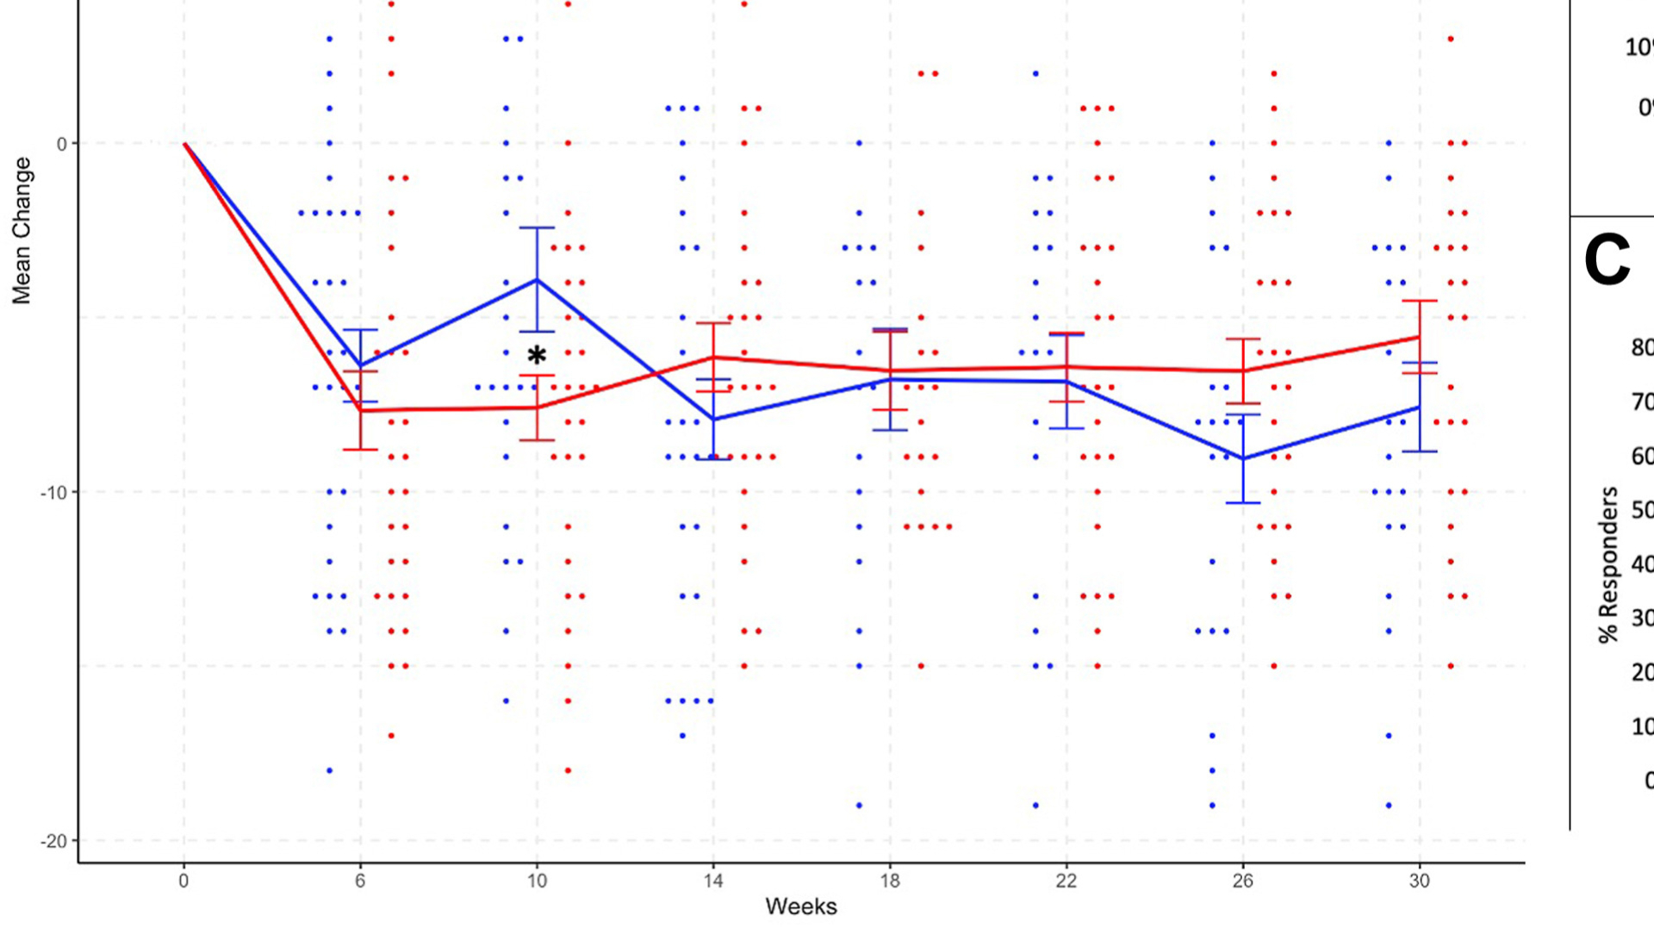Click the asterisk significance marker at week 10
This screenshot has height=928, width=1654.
(x=537, y=355)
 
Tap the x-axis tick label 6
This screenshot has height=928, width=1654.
(x=360, y=881)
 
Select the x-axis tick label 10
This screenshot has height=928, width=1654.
(x=537, y=881)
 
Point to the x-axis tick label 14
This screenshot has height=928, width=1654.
(x=713, y=881)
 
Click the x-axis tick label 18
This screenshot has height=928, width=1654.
(x=890, y=881)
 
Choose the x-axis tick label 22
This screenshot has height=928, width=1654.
(x=1066, y=881)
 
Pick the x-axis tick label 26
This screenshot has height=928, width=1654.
(x=1242, y=881)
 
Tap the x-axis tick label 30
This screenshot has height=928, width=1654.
(x=1419, y=881)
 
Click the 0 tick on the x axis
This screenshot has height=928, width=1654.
(x=183, y=881)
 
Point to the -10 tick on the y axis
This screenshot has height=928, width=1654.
(x=53, y=493)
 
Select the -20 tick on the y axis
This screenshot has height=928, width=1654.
(x=53, y=841)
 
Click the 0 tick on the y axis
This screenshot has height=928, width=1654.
(x=62, y=144)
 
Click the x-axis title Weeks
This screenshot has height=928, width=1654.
(x=801, y=906)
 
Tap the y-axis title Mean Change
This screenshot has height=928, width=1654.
(x=22, y=230)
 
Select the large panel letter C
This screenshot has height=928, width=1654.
(x=1607, y=260)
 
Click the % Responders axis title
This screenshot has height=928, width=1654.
(x=1607, y=564)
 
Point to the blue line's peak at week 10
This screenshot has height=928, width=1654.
(x=537, y=279)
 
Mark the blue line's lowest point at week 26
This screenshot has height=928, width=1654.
(x=1242, y=458)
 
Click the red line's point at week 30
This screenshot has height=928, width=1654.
(x=1419, y=337)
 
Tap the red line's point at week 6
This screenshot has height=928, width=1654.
(x=360, y=411)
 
